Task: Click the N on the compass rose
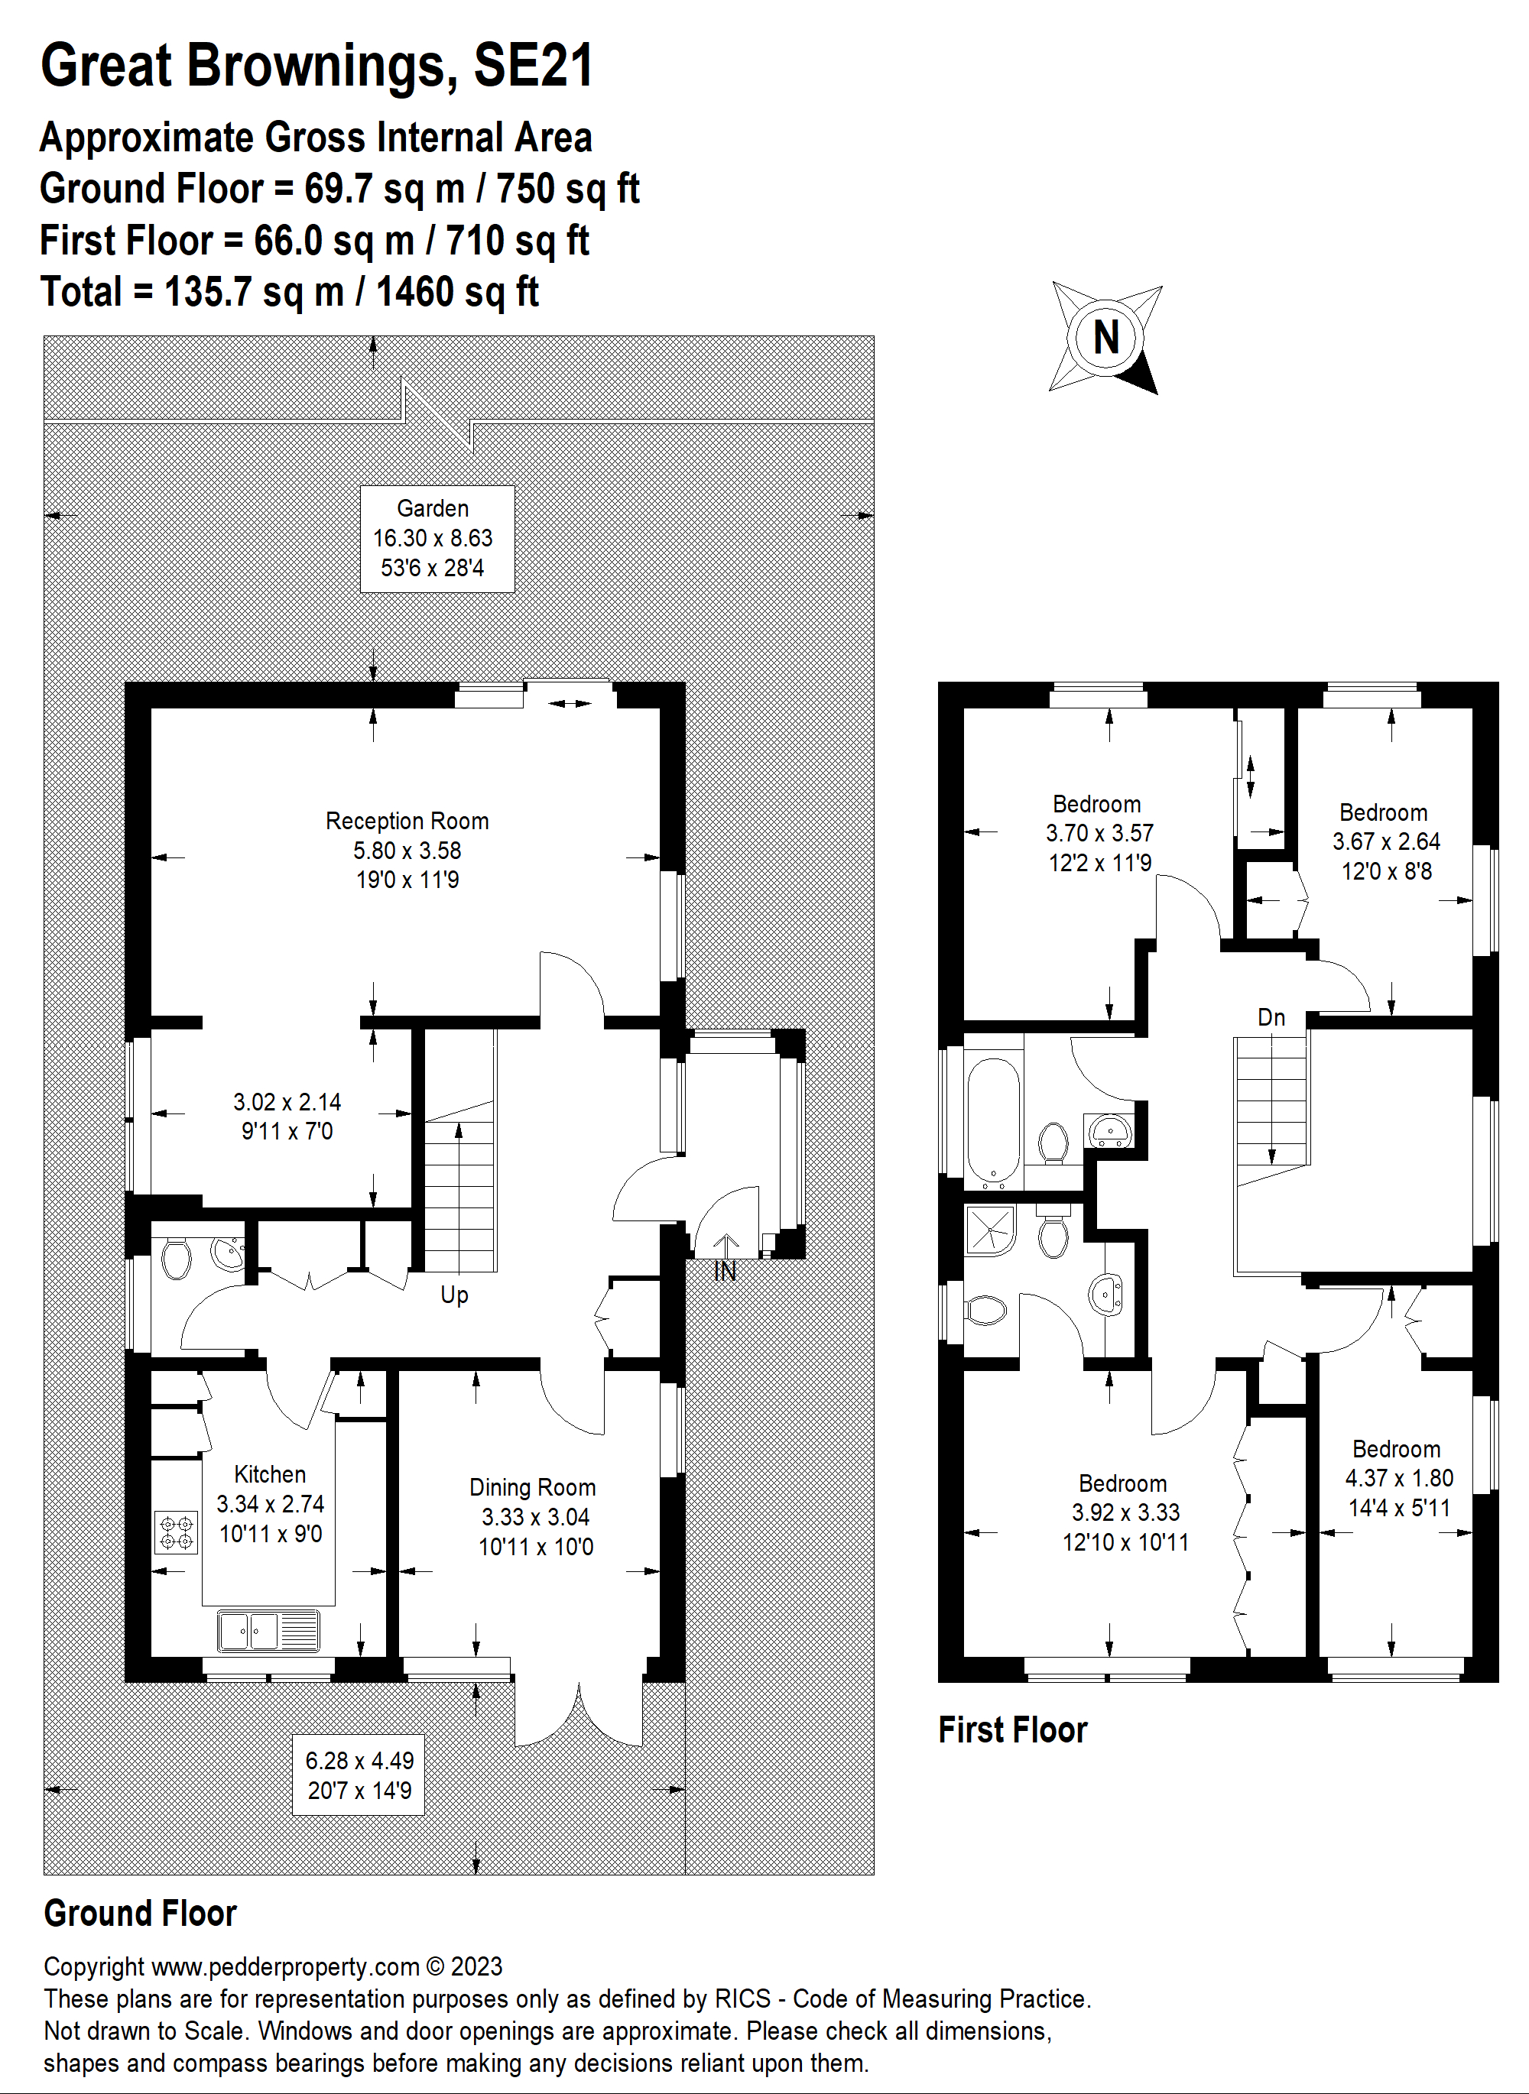point(1105,338)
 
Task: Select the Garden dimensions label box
point(437,539)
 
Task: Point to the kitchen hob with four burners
point(176,1532)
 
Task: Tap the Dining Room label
point(532,1487)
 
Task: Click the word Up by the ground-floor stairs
point(453,1295)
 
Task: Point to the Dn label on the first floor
point(1271,1018)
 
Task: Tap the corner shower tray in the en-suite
point(989,1230)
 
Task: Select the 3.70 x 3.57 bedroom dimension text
point(1099,834)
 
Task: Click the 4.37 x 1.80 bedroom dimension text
point(1398,1478)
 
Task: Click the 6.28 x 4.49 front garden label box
point(360,1775)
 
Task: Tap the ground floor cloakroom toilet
point(176,1259)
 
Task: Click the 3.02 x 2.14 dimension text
point(287,1102)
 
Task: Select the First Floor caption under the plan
point(1012,1729)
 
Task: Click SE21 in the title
point(533,66)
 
